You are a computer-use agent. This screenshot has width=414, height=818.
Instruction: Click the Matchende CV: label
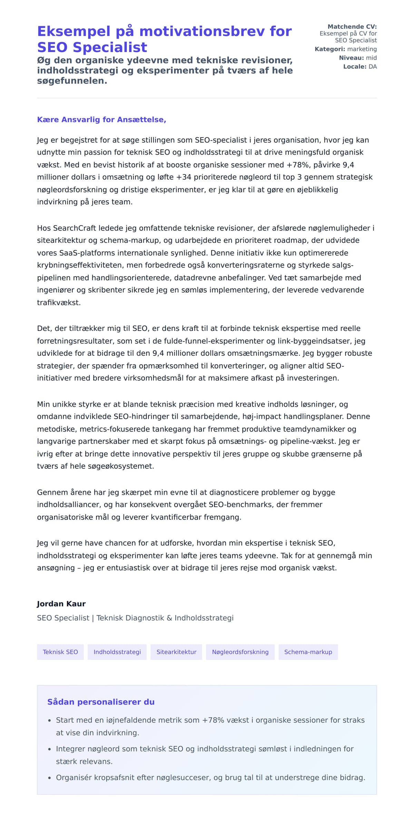click(352, 27)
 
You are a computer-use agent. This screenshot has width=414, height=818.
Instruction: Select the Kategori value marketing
click(362, 49)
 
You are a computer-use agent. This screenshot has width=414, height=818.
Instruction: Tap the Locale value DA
click(373, 67)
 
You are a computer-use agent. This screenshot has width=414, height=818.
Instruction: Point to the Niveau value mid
click(371, 58)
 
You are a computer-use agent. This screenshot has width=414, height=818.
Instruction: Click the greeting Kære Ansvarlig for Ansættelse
click(101, 120)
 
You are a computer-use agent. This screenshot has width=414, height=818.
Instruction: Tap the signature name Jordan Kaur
click(61, 604)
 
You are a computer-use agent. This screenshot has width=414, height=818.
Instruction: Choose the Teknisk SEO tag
click(60, 652)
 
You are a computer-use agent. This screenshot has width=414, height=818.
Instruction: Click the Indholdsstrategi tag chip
click(117, 652)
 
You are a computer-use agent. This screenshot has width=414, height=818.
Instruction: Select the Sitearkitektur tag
click(176, 652)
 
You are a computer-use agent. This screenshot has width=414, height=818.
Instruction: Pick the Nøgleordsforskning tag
click(240, 652)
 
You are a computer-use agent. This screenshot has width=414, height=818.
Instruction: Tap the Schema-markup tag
click(308, 652)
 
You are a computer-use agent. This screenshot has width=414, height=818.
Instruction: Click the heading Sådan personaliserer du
click(101, 702)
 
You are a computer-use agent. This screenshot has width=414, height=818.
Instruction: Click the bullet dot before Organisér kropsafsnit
click(49, 778)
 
